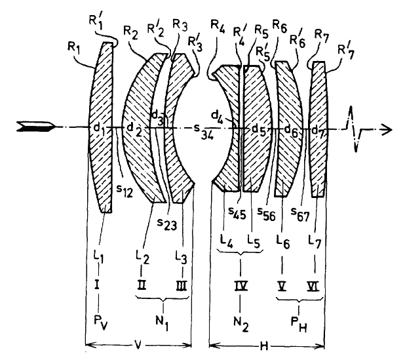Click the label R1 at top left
tap(73, 47)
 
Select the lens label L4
tap(226, 241)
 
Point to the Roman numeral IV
tap(241, 286)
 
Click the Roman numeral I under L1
tap(97, 286)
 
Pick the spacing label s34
tap(204, 132)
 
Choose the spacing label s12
tap(124, 191)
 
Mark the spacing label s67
tap(299, 214)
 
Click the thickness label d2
tap(135, 129)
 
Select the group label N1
tap(162, 323)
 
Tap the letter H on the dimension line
tap(263, 346)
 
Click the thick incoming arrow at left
tap(35, 127)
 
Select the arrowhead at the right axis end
tap(387, 129)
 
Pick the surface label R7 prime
tap(345, 52)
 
